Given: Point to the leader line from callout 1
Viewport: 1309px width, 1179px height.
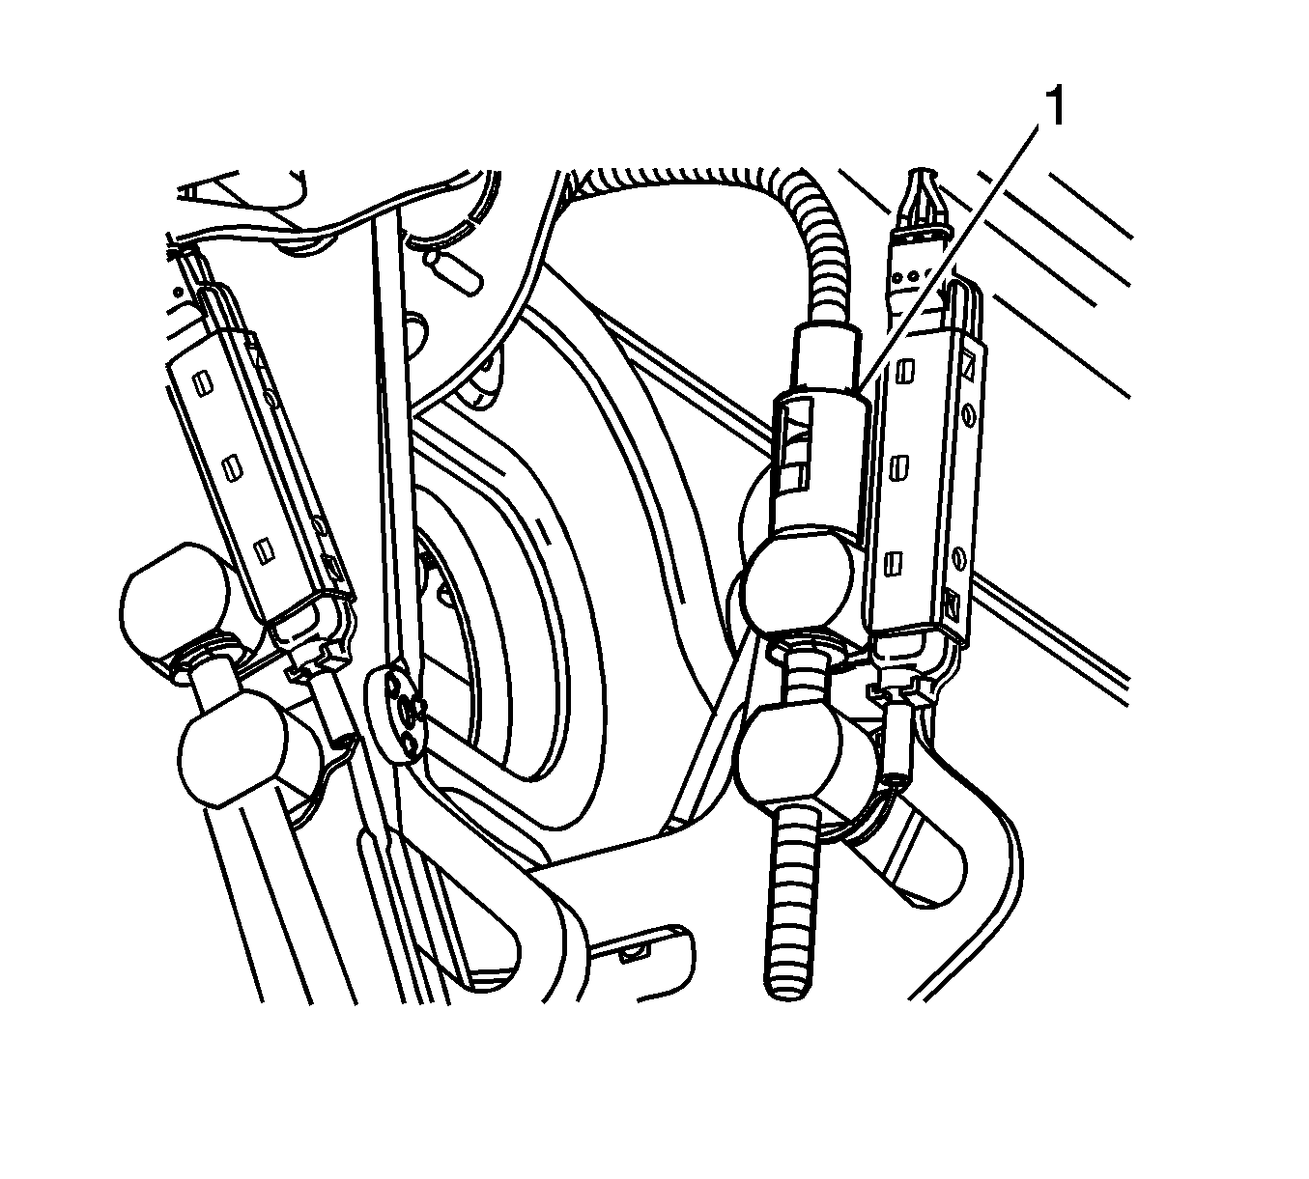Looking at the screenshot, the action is click(x=949, y=260).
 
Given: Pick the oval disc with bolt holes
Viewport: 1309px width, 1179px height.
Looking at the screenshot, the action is click(x=395, y=714).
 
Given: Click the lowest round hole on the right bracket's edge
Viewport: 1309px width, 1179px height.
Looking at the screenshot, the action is click(x=959, y=557).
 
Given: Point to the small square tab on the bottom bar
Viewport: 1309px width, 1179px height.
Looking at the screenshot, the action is click(x=629, y=957).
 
